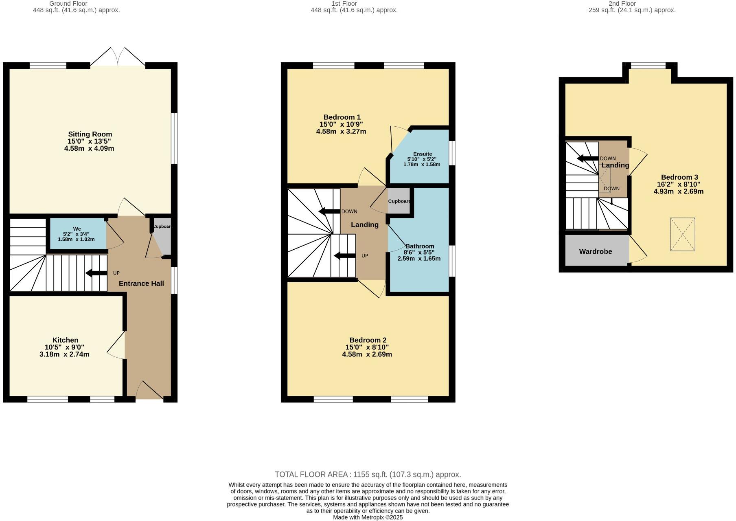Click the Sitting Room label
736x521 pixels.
point(90,134)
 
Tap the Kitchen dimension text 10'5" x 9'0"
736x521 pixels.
point(64,347)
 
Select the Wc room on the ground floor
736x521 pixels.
point(77,234)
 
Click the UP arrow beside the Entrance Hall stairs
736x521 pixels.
point(96,273)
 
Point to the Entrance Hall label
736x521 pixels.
point(141,284)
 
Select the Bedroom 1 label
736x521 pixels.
point(342,117)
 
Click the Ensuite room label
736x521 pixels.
point(422,154)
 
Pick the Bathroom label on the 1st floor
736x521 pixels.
point(419,246)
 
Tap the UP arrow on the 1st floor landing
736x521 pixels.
point(344,256)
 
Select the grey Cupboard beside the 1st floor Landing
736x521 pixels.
point(399,201)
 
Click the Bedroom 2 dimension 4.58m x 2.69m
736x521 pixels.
point(367,354)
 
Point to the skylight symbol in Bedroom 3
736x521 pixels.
point(683,234)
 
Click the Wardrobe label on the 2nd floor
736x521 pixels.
point(595,252)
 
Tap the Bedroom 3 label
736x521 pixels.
point(679,177)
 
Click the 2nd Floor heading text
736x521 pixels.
point(622,4)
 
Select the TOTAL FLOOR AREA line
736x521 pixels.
point(368,475)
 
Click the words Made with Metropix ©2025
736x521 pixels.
point(368,517)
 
